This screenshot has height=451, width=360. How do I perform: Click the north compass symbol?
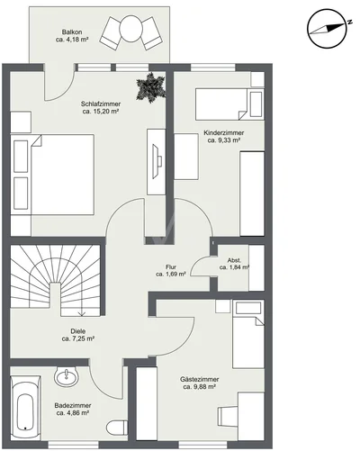(328, 28)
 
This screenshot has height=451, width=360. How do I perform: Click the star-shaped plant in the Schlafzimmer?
(150, 87)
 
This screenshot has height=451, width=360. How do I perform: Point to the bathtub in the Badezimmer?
(25, 408)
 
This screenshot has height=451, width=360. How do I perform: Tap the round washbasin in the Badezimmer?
(66, 376)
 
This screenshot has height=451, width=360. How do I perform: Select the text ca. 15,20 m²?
(101, 112)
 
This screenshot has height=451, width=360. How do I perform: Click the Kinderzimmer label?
(224, 132)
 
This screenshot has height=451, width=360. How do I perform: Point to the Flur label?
(171, 266)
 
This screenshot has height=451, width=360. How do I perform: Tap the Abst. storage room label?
(234, 260)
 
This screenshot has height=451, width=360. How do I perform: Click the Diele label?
(78, 331)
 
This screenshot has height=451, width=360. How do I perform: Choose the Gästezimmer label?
(200, 379)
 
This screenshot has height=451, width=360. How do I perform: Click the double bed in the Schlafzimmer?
(52, 175)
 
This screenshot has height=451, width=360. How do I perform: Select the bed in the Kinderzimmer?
(229, 104)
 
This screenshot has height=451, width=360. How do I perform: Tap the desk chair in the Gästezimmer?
(228, 416)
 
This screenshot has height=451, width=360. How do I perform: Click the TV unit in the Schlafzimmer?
(156, 162)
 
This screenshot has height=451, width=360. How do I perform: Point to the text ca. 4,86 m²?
(73, 413)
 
